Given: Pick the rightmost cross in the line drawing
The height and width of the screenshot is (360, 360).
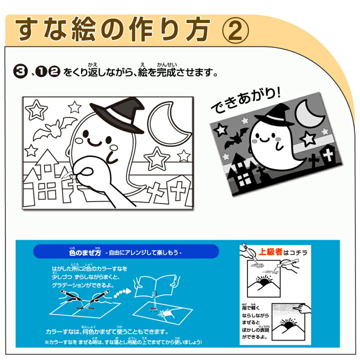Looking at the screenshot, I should coord(177,190).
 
